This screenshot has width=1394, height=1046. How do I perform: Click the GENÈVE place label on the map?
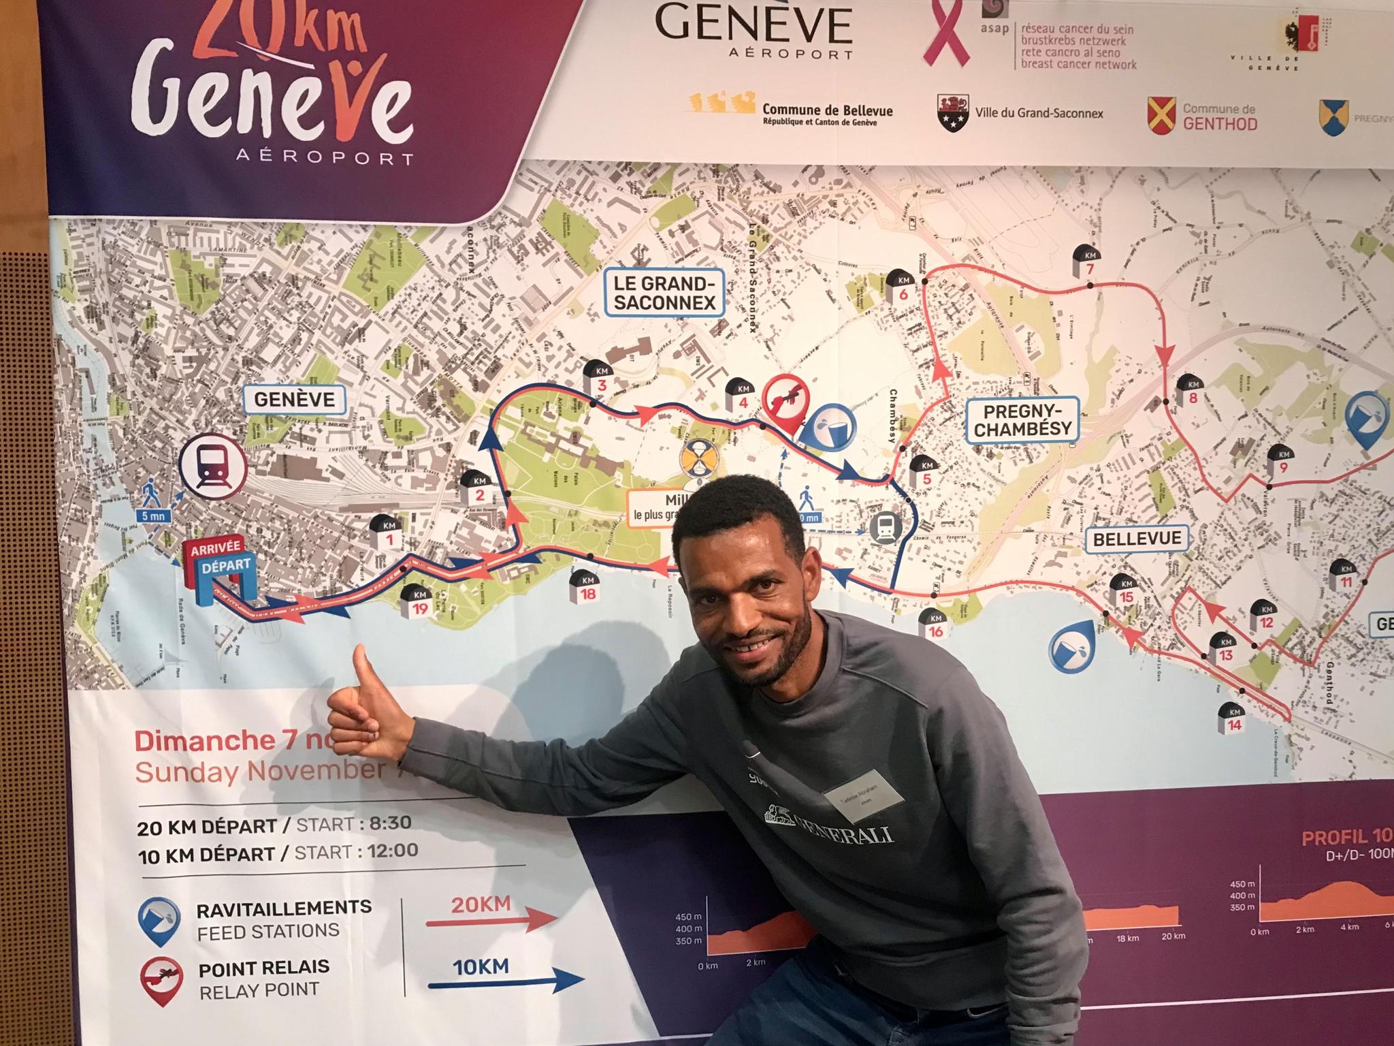[295, 400]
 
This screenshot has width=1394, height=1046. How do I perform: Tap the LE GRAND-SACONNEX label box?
[664, 293]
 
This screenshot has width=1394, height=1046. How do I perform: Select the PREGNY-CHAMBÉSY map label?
[1022, 420]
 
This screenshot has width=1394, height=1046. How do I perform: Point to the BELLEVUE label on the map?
[1137, 539]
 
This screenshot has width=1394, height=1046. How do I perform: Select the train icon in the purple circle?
[212, 465]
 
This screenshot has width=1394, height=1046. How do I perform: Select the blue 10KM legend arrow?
[504, 981]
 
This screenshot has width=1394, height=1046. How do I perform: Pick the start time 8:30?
[390, 823]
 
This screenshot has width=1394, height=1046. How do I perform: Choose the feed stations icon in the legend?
[159, 921]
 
